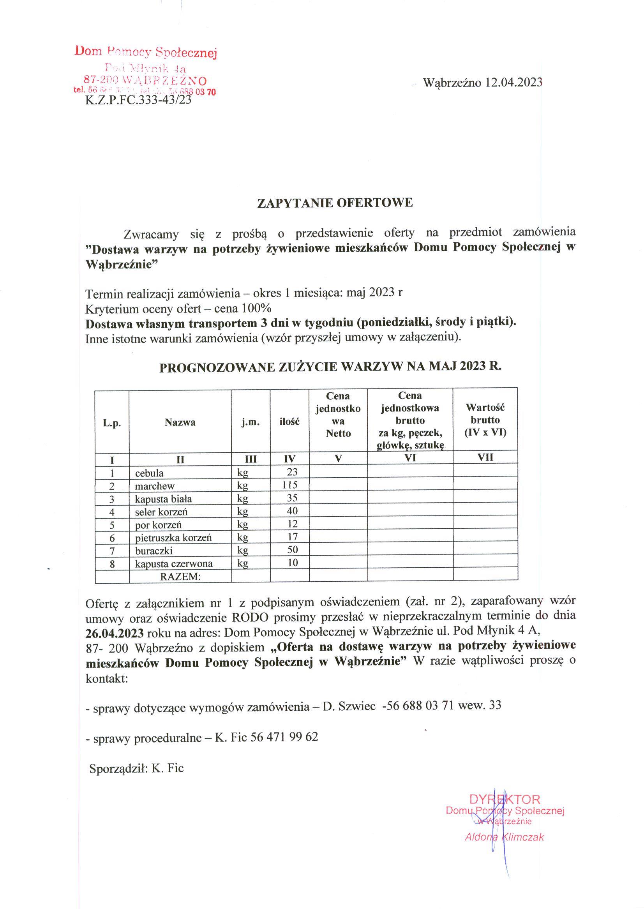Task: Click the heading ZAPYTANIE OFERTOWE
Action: pyautogui.click(x=335, y=203)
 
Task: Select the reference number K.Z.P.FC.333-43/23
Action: pyautogui.click(x=138, y=101)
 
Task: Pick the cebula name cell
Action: pyautogui.click(x=149, y=473)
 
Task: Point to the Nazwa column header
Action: pyautogui.click(x=180, y=422)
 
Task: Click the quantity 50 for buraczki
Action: pyautogui.click(x=292, y=550)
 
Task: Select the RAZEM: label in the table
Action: pyautogui.click(x=180, y=576)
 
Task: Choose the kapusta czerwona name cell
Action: pyautogui.click(x=174, y=563)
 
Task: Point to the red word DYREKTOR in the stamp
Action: pyautogui.click(x=505, y=799)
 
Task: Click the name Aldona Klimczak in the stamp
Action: pyautogui.click(x=504, y=837)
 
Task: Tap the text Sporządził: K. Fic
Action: pyautogui.click(x=136, y=769)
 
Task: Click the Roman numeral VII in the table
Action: pyautogui.click(x=485, y=457)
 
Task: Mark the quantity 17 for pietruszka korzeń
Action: pyautogui.click(x=292, y=537)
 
